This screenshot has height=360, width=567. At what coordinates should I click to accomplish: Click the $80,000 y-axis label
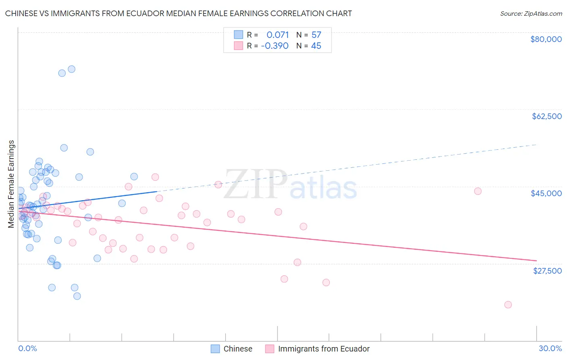click(546, 39)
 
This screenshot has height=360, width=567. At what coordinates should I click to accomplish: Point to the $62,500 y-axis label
click(546, 116)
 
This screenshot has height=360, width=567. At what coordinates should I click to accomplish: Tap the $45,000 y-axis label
click(546, 193)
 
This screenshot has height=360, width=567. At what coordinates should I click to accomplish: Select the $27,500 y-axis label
click(547, 270)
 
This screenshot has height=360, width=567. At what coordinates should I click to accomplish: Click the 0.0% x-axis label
click(27, 348)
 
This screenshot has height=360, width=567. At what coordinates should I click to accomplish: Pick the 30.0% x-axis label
click(550, 348)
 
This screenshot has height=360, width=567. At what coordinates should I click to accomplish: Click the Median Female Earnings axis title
click(11, 184)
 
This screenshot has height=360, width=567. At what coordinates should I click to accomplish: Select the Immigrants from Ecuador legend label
click(323, 349)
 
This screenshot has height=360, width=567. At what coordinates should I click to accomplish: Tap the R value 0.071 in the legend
click(277, 35)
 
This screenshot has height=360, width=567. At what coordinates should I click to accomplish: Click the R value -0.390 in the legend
click(275, 46)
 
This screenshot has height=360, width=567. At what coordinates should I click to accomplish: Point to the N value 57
click(316, 35)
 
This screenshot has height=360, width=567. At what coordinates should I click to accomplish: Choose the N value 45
click(316, 46)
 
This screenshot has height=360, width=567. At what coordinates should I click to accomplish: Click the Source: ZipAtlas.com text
click(531, 13)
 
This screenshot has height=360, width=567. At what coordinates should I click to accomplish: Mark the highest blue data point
click(71, 69)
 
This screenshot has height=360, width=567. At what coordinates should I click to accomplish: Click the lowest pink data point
click(508, 305)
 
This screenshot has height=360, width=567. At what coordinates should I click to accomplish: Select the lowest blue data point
click(77, 296)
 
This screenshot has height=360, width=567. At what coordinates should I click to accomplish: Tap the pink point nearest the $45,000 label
click(478, 191)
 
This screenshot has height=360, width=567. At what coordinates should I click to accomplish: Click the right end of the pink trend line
click(536, 261)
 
